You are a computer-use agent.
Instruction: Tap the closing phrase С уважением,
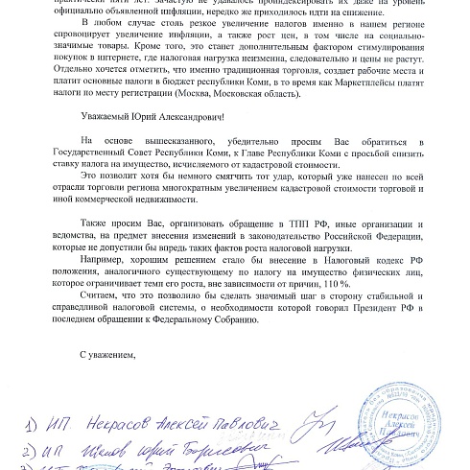click(109, 352)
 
